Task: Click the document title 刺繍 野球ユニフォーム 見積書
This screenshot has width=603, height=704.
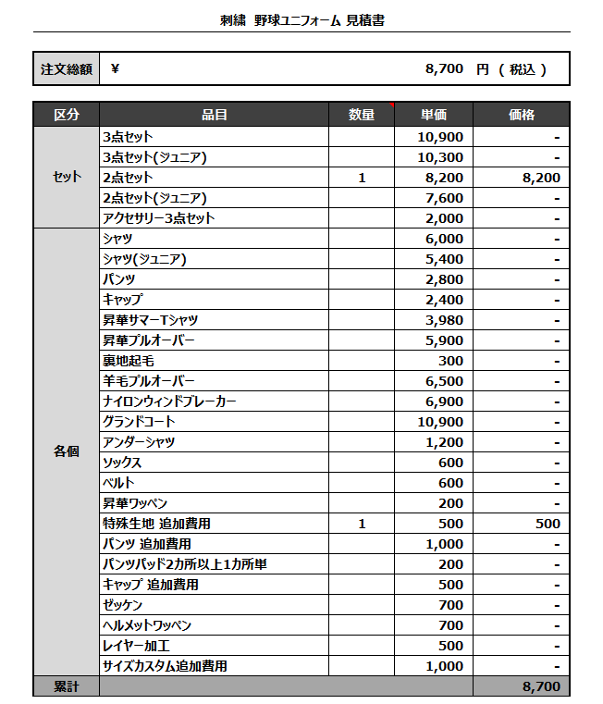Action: coord(301,19)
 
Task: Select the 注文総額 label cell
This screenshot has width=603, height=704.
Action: coord(66,69)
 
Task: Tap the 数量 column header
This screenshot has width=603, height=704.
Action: coord(362,115)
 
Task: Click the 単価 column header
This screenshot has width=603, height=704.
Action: coord(434,115)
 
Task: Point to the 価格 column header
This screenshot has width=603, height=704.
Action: coord(522,115)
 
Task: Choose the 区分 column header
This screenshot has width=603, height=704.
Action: coord(66,115)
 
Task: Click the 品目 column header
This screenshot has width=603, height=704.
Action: coord(215,115)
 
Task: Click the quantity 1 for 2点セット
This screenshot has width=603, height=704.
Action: coord(362,178)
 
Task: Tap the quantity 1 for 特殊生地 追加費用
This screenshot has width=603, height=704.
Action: coord(362,524)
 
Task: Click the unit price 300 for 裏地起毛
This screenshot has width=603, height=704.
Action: coord(451,361)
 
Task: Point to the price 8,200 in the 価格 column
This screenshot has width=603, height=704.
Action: coord(541,178)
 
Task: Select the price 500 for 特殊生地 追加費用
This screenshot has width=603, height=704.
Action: coord(548,524)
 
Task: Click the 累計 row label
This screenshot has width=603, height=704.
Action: coord(66,686)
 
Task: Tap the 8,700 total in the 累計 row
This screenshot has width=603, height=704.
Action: coord(541,686)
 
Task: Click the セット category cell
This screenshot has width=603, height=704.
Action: coord(66,178)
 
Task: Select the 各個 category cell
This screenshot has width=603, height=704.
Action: coord(66,452)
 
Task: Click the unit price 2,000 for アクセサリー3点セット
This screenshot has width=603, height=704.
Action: coord(444,218)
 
